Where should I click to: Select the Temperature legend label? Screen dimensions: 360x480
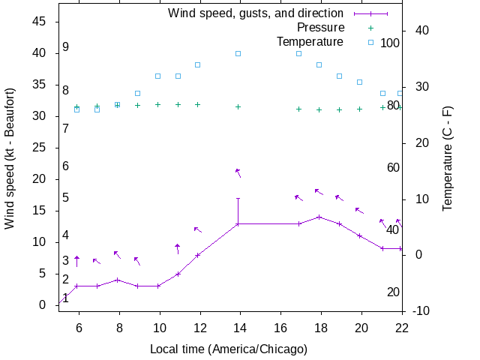pos(310,41)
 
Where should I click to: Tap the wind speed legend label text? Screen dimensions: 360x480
pos(256,13)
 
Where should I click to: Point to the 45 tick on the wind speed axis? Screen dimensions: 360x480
pos(40,22)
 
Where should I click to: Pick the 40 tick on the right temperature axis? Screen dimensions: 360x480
pos(421,31)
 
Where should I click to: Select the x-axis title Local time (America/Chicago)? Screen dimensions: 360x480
pos(229,349)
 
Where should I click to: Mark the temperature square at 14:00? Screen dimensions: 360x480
pos(238,53)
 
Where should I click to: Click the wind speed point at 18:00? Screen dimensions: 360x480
pos(319,217)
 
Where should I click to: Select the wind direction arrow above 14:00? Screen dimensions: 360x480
pos(238,173)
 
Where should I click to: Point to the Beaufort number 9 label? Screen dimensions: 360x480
pos(66,47)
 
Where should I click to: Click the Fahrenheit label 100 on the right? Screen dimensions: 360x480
pos(390,43)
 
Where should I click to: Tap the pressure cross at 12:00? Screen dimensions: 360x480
pos(198,104)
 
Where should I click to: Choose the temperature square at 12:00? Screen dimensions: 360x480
pos(198,64)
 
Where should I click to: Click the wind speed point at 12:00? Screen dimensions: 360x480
pos(198,255)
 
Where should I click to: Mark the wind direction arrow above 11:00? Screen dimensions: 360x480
pos(178,248)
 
